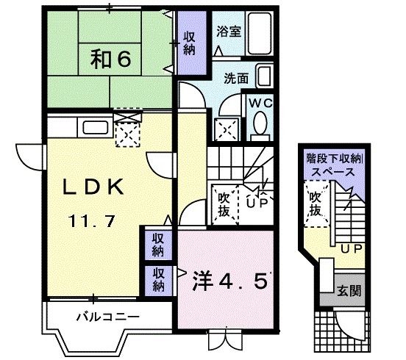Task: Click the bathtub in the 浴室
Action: click(260, 32)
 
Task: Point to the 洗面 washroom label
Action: click(235, 77)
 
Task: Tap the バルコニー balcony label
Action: click(108, 317)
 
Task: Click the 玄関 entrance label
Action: click(349, 291)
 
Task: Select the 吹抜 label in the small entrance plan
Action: click(315, 204)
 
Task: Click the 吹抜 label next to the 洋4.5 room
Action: click(224, 205)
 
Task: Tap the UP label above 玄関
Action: click(351, 250)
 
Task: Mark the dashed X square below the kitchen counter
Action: click(128, 134)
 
